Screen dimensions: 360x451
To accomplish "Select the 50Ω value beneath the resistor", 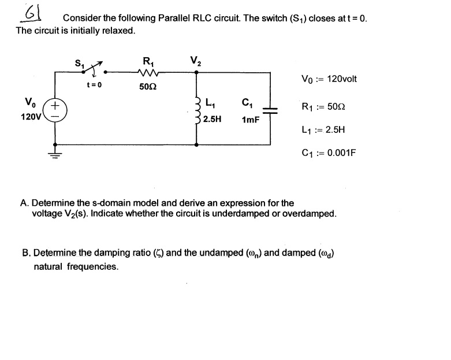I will pos(148,87).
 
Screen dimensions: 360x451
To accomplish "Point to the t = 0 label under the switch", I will pos(94,85).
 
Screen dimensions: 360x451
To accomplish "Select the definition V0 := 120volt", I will pos(329,79).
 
